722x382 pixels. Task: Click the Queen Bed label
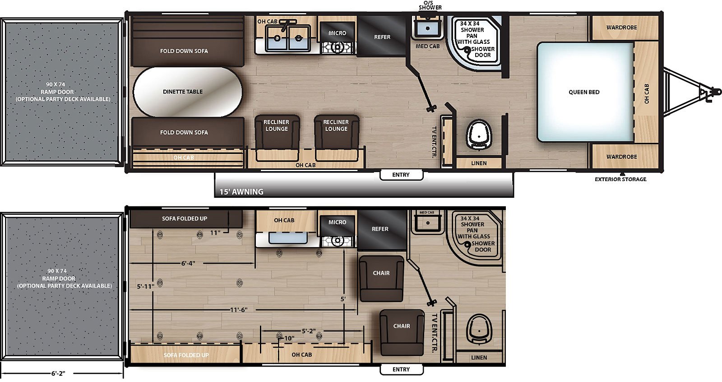(584, 92)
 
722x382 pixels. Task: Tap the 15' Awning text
(241, 192)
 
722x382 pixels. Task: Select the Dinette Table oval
(187, 92)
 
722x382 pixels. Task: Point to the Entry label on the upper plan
(401, 175)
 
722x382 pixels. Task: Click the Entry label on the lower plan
(401, 369)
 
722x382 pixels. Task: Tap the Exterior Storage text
(620, 179)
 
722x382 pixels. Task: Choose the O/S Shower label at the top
(430, 5)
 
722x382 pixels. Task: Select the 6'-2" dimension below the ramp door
(58, 373)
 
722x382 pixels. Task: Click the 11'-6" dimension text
(239, 310)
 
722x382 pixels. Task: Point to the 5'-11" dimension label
(145, 286)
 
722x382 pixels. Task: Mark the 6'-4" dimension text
(188, 263)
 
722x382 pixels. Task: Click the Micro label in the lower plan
(337, 222)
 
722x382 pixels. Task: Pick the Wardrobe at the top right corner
(621, 28)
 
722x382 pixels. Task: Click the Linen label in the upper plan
(479, 163)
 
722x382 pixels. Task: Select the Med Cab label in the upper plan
(427, 46)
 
